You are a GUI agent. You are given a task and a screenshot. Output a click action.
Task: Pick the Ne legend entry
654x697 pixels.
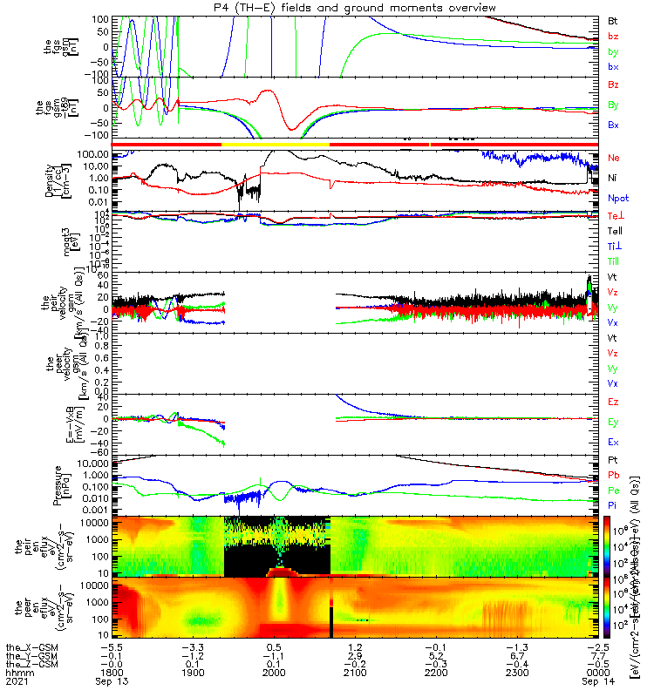pos(614,158)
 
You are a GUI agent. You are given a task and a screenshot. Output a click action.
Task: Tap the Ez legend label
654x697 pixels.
pos(613,402)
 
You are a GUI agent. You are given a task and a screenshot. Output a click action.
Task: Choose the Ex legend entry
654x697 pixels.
pos(613,442)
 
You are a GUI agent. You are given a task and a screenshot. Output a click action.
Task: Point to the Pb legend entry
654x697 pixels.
pos(613,475)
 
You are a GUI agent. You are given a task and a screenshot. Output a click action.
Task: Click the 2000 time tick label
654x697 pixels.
pos(274,673)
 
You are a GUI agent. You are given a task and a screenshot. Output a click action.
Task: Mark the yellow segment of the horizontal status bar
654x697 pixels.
pos(276,143)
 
